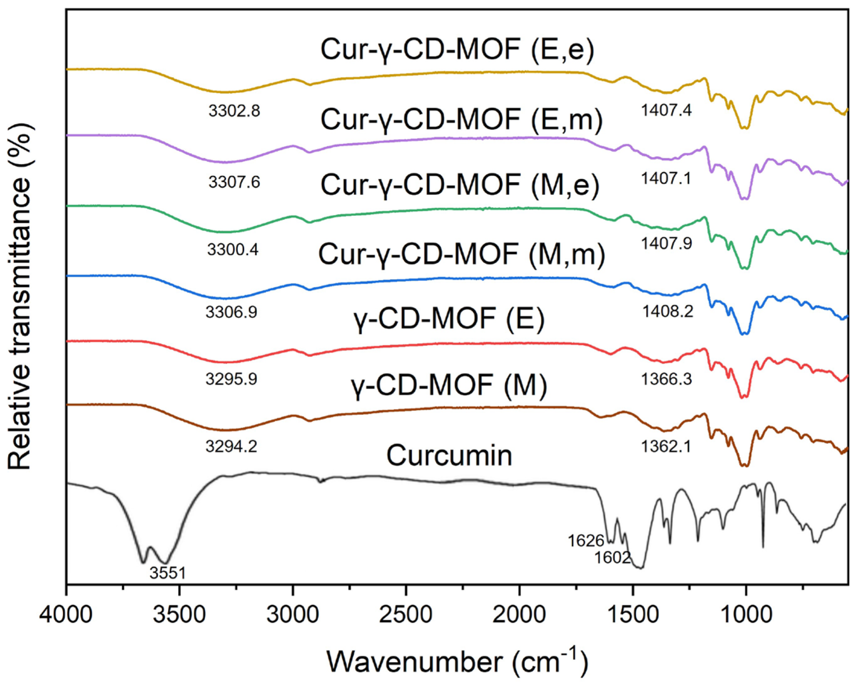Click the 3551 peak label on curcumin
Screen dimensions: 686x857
167,573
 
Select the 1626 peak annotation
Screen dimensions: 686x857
586,541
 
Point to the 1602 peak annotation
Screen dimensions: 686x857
612,558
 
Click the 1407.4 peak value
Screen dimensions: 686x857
666,110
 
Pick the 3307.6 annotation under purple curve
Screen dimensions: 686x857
234,182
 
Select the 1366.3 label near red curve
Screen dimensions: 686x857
666,379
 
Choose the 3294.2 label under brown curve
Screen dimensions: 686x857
231,447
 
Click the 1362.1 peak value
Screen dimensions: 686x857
666,447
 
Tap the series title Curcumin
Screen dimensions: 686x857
449,456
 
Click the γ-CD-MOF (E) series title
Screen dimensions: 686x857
449,319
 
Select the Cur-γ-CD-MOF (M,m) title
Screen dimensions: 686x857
461,254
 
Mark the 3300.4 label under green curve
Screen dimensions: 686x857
232,250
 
